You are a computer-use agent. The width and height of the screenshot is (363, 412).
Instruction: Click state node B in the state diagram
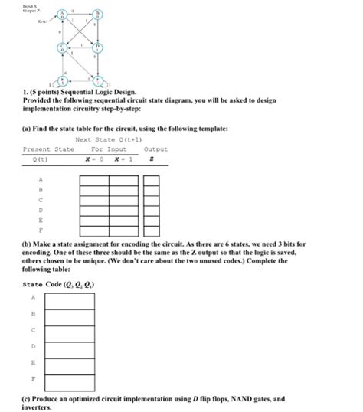tap(98, 15)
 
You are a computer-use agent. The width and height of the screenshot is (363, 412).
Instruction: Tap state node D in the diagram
tap(98, 47)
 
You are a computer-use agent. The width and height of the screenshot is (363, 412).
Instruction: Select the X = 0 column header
tap(95, 159)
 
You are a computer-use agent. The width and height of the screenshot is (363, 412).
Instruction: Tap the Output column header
tap(155, 149)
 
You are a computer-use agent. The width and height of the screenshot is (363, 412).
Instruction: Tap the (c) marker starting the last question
tap(27, 398)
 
